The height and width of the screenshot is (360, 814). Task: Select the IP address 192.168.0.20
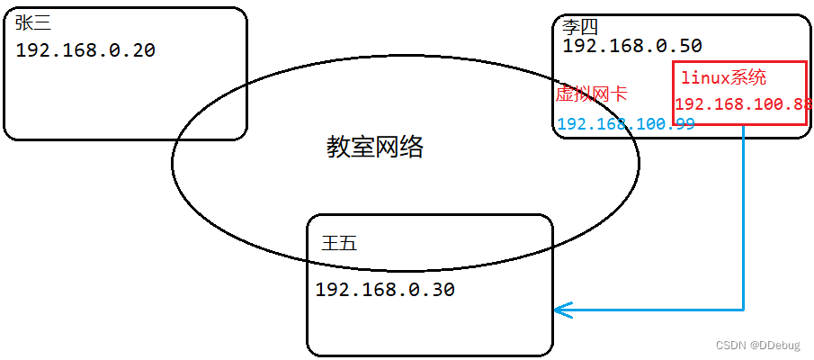pyautogui.click(x=85, y=50)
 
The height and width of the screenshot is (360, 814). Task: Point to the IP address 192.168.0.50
pyautogui.click(x=632, y=45)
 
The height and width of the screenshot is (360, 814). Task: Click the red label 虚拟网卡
pyautogui.click(x=591, y=94)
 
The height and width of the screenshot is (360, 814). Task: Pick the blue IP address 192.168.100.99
pyautogui.click(x=626, y=124)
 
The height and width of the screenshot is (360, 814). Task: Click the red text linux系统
pyautogui.click(x=724, y=78)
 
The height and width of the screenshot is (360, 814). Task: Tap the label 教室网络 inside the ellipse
pyautogui.click(x=374, y=148)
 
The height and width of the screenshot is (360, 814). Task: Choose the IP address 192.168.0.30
pyautogui.click(x=385, y=290)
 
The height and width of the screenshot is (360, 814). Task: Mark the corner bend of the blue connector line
pyautogui.click(x=744, y=310)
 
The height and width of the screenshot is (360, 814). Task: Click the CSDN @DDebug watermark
pyautogui.click(x=759, y=346)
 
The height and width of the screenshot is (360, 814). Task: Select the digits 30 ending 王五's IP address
pyautogui.click(x=443, y=290)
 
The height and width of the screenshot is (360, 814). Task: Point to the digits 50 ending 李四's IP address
pyautogui.click(x=691, y=45)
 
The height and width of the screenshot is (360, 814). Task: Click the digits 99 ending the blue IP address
pyautogui.click(x=684, y=124)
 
